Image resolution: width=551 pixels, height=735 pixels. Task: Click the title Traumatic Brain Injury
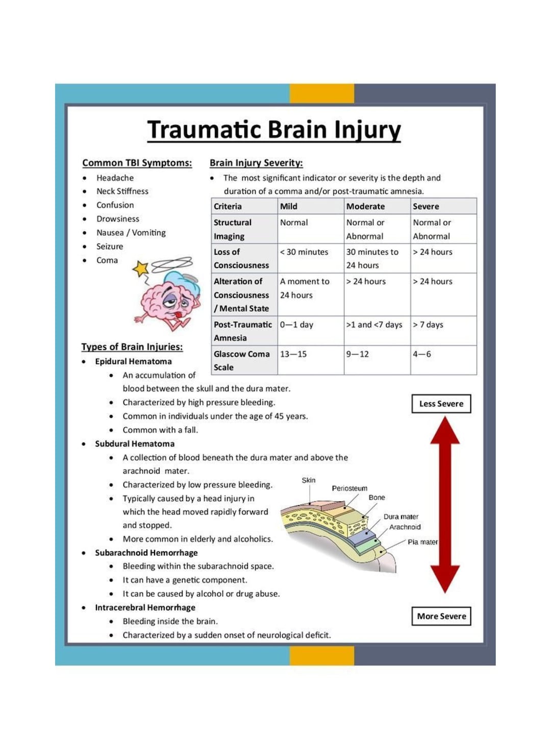coord(274,130)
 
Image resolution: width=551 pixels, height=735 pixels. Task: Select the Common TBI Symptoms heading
coord(137,163)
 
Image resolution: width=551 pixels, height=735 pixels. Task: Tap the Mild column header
coord(289,206)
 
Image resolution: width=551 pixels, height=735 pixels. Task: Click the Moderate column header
coord(365,206)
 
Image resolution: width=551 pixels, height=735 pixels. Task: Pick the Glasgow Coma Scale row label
coord(241,360)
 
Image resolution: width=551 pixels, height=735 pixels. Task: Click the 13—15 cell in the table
coord(293,354)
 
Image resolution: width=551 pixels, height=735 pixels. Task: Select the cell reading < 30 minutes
coord(304,252)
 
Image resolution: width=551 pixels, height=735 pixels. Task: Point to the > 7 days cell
coord(428,325)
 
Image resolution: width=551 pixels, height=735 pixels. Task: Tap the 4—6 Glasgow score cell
coord(422,354)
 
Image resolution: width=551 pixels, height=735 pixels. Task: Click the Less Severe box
coord(441,404)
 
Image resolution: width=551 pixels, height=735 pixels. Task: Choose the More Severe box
coord(441,616)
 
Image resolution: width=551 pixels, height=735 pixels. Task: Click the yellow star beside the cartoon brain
coord(140,268)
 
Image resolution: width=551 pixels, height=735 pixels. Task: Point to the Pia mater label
coord(422,542)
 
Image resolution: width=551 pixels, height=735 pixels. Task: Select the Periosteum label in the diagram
coord(349,488)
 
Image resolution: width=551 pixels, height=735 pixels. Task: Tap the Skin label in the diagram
coord(309,480)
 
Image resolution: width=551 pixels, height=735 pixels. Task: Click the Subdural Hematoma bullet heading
coord(135,444)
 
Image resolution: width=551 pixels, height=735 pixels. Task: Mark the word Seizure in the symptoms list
coord(110,246)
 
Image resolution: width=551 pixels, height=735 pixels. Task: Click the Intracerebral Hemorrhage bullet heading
coord(145,607)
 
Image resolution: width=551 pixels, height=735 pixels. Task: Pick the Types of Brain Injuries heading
coord(132,347)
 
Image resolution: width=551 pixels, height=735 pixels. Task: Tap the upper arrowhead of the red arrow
coord(445,430)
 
